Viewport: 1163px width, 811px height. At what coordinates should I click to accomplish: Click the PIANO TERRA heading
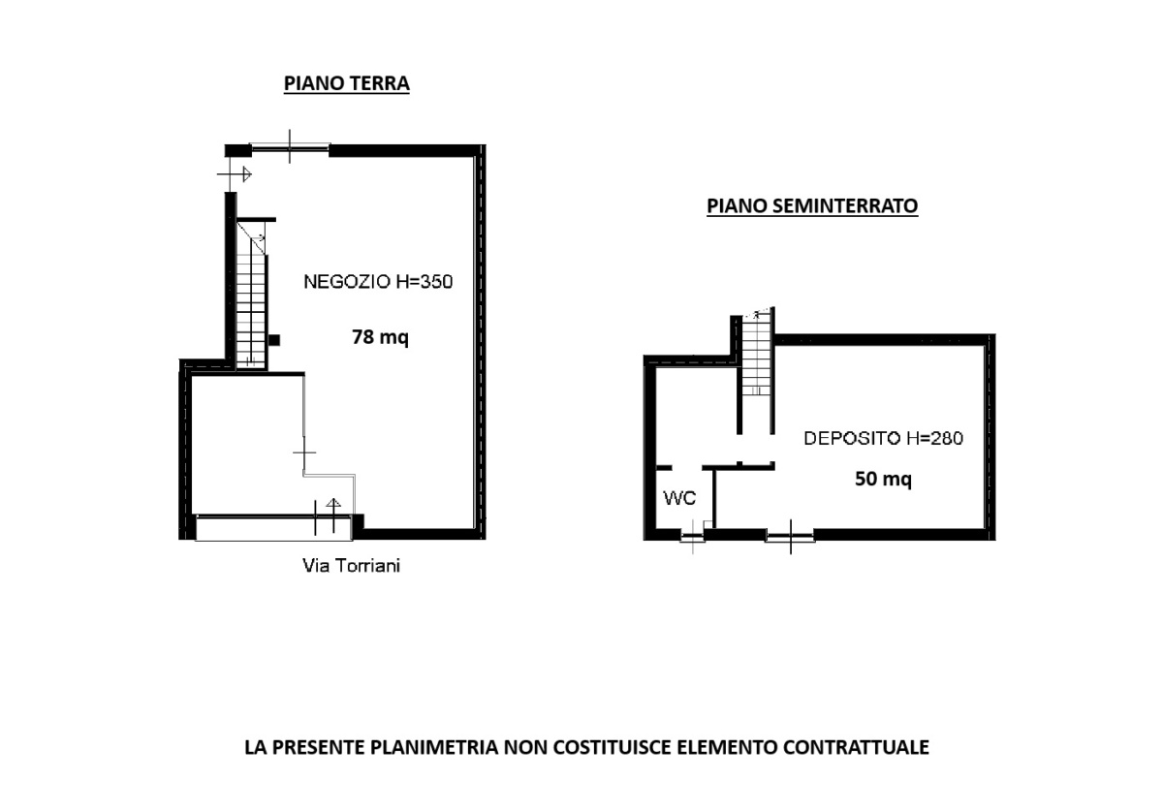(346, 83)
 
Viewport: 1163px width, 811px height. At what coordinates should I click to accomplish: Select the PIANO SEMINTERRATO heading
(812, 205)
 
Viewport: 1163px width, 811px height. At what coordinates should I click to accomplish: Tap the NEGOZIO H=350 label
(378, 281)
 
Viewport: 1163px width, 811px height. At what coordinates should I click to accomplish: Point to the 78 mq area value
(380, 337)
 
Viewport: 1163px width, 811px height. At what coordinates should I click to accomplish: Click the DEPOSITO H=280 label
(883, 438)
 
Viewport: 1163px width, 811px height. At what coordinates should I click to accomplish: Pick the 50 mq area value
(883, 479)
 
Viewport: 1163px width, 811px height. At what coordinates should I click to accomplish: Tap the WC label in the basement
(679, 498)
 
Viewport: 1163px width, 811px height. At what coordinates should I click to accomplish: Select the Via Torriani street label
(351, 566)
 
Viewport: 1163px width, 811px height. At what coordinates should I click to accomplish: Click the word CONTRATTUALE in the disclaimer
(856, 747)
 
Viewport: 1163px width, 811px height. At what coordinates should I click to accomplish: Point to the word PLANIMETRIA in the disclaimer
(433, 747)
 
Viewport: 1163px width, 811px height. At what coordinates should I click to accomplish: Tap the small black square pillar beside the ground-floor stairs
(274, 340)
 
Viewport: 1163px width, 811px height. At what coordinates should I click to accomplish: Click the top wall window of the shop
(290, 149)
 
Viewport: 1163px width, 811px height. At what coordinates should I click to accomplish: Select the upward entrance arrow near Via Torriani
(333, 515)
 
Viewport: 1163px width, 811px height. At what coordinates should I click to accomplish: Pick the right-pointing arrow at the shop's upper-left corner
(235, 174)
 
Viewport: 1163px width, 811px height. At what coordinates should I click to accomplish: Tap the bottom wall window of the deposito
(790, 536)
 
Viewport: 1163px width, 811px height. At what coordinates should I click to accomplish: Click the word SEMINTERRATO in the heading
(845, 205)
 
